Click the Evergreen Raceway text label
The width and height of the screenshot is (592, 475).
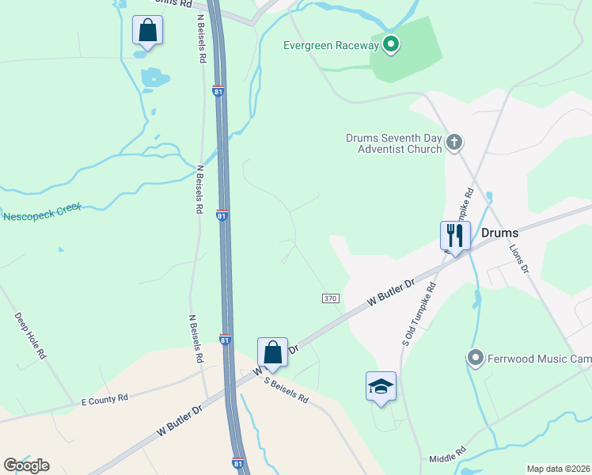pos(332,45)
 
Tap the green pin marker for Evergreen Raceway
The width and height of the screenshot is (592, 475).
pos(390,45)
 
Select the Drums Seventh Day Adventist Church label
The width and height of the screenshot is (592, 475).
pos(393,142)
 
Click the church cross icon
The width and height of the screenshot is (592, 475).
pos(453,142)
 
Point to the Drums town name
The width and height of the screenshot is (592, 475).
pos(499,233)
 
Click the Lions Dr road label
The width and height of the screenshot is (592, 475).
pos(518,258)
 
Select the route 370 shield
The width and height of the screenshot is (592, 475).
pos(331,298)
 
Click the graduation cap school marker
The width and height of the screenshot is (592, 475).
pos(381,386)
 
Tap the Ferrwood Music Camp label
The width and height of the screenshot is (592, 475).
pos(539,359)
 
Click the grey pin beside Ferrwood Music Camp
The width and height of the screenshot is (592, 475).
pos(476,358)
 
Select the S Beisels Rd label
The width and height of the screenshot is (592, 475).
pos(286,388)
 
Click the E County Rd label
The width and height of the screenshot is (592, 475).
pos(104,400)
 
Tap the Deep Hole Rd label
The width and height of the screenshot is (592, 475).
pos(30,336)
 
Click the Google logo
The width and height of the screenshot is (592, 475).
pos(26,465)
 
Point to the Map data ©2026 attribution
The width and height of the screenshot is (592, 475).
pos(558,469)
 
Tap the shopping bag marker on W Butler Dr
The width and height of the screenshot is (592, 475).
pos(272,352)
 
